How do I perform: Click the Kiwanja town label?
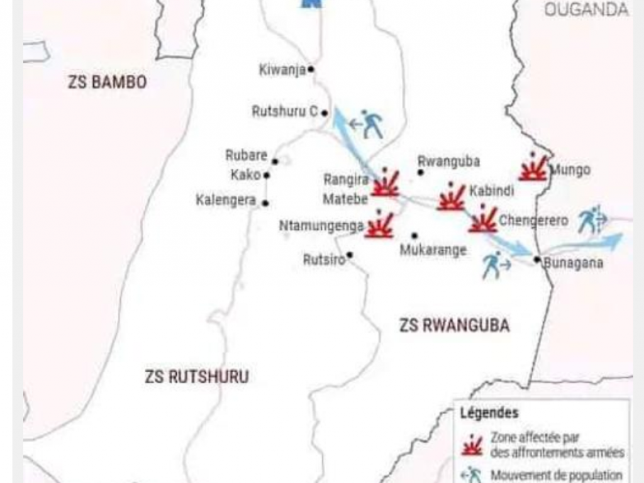[282, 70]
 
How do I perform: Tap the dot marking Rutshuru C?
[325, 113]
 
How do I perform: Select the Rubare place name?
[247, 155]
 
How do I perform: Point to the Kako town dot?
[267, 175]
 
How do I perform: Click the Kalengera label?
[226, 201]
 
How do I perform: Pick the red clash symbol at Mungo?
[533, 168]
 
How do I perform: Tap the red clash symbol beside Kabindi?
[452, 197]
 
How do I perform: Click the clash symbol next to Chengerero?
[483, 220]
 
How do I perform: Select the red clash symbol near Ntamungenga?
[380, 225]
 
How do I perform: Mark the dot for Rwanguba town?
[420, 172]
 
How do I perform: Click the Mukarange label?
[433, 250]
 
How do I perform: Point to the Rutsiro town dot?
[349, 255]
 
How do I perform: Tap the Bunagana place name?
[573, 263]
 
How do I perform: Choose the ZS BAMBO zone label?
[107, 82]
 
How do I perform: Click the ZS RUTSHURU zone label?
[196, 377]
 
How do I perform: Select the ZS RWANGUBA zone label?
[454, 325]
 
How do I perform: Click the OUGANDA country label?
[586, 9]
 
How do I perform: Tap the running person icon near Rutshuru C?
[372, 124]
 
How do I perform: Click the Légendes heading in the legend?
[489, 413]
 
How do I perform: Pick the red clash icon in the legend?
[472, 445]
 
